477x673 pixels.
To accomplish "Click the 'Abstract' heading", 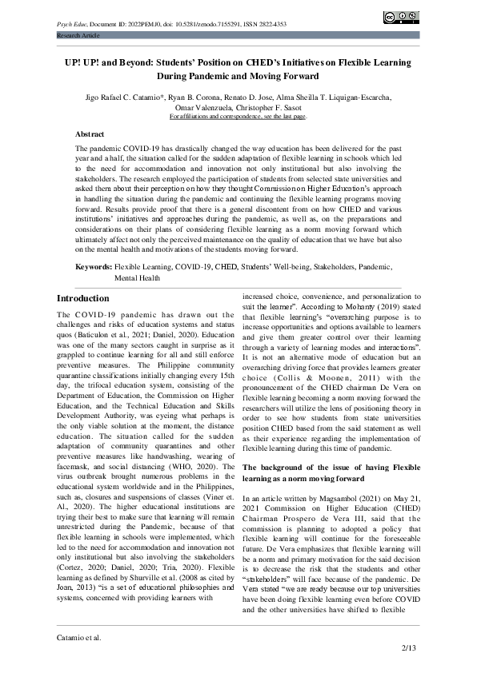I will pyautogui.click(x=89, y=134).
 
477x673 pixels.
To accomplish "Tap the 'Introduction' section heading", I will pyautogui.click(x=82, y=298).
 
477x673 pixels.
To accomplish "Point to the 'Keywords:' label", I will pyautogui.click(x=94, y=265).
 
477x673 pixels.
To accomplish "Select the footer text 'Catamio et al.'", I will pyautogui.click(x=78, y=638).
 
